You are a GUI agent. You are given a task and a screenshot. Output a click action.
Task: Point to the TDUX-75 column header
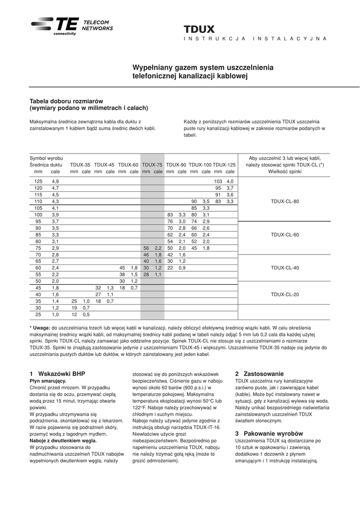152,165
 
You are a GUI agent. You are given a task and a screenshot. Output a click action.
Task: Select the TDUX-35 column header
80,165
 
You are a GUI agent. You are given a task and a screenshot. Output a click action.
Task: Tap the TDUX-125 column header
224,165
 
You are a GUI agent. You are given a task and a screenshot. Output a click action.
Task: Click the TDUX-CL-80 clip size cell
285,201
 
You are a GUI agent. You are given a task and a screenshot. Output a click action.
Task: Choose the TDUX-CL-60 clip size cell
285,234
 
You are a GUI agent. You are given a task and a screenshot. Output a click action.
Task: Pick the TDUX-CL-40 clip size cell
285,267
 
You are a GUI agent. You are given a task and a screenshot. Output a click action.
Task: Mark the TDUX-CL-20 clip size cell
285,294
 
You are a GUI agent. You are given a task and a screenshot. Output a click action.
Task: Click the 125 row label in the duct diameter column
38,181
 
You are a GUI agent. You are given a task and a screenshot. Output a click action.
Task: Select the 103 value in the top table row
218,181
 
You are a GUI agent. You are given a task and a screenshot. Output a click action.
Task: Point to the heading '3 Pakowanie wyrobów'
269,433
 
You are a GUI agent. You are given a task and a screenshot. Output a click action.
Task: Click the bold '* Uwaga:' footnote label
40,328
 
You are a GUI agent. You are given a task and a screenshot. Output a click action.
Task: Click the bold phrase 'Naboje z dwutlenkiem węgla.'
63,440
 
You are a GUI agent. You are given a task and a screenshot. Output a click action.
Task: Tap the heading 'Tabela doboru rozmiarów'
66,100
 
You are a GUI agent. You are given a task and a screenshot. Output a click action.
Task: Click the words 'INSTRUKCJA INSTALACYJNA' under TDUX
255,38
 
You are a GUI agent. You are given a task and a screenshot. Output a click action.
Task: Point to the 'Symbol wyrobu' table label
46,158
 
